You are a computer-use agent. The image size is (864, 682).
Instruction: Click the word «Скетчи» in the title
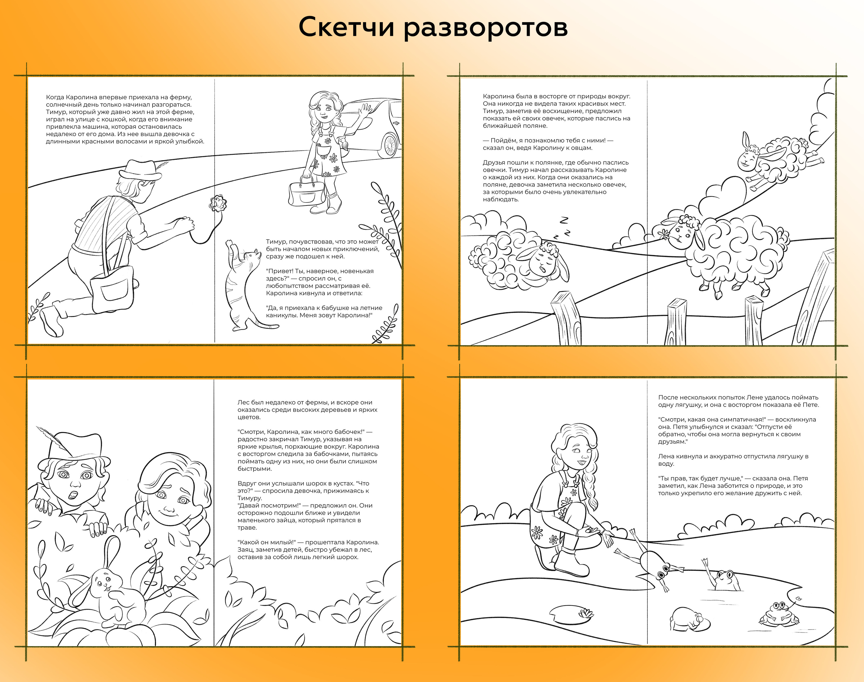(x=347, y=28)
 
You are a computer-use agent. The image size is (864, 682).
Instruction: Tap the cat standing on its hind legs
(x=244, y=285)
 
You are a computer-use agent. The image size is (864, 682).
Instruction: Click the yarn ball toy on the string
(x=218, y=202)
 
